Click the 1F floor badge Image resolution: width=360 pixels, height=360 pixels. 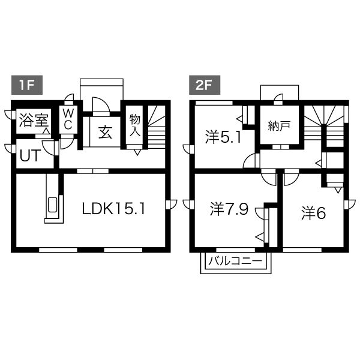click(x=27, y=85)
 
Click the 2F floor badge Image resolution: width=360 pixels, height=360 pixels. click(x=205, y=85)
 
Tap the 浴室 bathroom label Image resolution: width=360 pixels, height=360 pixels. click(x=34, y=121)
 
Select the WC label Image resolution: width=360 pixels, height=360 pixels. click(x=68, y=119)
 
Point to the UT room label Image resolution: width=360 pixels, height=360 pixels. click(x=31, y=155)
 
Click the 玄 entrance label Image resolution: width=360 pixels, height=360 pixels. click(x=105, y=132)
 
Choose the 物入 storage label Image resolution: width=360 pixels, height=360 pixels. click(x=134, y=125)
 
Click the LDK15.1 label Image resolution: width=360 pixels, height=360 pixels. click(x=113, y=209)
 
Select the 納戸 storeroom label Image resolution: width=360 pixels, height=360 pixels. click(x=279, y=126)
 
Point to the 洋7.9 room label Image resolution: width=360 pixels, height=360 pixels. click(x=229, y=209)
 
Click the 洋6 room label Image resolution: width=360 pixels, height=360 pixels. click(x=314, y=214)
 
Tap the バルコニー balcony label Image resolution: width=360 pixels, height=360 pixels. click(x=235, y=261)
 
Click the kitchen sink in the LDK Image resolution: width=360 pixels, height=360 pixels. click(x=52, y=205)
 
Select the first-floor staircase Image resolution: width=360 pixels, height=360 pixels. click(x=157, y=127)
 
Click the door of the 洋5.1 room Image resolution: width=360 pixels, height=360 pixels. click(x=251, y=161)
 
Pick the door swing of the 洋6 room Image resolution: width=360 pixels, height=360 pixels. click(x=292, y=178)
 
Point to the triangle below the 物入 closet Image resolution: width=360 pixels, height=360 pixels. click(x=137, y=152)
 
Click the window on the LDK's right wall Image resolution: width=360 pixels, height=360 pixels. click(x=171, y=205)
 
